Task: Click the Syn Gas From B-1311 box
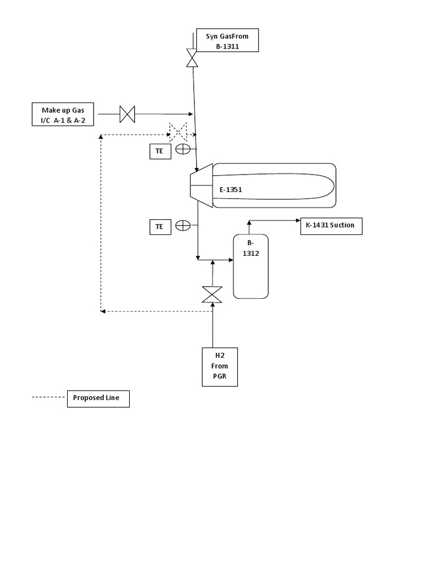point(227,41)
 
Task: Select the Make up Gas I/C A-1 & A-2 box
point(63,114)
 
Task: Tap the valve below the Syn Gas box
point(192,59)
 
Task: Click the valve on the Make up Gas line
point(127,114)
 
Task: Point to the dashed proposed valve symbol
point(179,132)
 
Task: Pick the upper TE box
point(160,151)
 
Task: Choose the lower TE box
point(160,227)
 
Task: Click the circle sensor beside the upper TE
point(183,149)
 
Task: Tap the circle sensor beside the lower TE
point(183,225)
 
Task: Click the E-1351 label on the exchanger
point(231,190)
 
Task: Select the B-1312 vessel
point(251,266)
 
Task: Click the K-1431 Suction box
point(330,226)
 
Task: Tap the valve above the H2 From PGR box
point(212,294)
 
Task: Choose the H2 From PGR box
point(220,366)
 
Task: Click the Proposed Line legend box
point(98,398)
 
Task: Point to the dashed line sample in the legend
point(48,397)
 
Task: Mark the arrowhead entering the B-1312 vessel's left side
point(231,260)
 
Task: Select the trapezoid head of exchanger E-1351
point(201,185)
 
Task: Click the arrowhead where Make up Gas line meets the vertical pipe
point(191,114)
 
